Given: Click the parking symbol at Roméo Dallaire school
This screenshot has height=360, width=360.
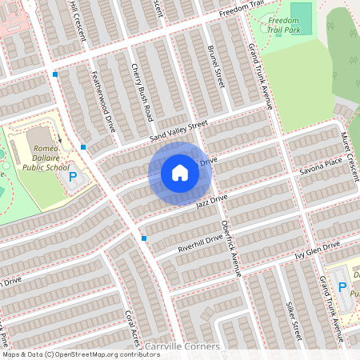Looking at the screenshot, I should point(73,177).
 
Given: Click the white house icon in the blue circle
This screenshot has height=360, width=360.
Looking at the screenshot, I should point(180,172).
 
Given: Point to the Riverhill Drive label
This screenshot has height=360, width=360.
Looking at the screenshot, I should point(200,243).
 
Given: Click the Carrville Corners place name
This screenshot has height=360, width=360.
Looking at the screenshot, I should point(182,346).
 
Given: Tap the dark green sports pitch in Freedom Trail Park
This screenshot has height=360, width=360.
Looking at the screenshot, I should point(301,13).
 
